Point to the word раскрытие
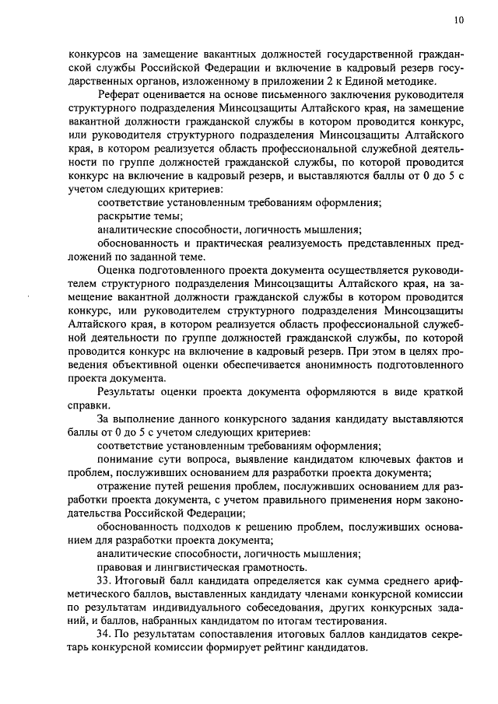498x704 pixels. point(123,216)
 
